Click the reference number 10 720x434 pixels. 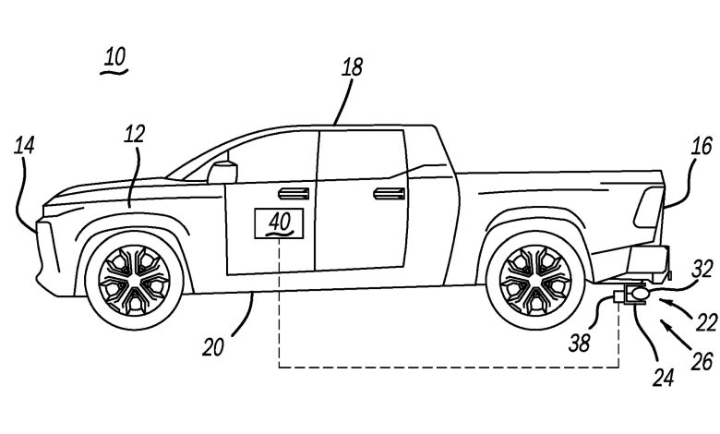coord(114,58)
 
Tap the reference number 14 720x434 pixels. coord(24,147)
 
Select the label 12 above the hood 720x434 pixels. coord(135,134)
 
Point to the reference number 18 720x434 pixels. coord(353,67)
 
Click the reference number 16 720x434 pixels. coord(702,147)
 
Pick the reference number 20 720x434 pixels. coord(213,347)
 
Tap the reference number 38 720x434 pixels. coord(580,344)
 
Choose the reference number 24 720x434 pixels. coord(664,378)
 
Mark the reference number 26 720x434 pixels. coord(702,361)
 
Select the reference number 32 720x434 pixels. coord(702,269)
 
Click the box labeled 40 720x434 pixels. coord(279,223)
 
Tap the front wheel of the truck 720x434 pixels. coord(134,280)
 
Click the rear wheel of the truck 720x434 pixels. coord(535,280)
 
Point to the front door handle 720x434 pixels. coord(294,194)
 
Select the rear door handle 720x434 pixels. coord(389,194)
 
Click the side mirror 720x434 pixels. coord(222,173)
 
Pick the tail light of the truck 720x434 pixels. coord(648,208)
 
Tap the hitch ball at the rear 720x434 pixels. coord(639,292)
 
